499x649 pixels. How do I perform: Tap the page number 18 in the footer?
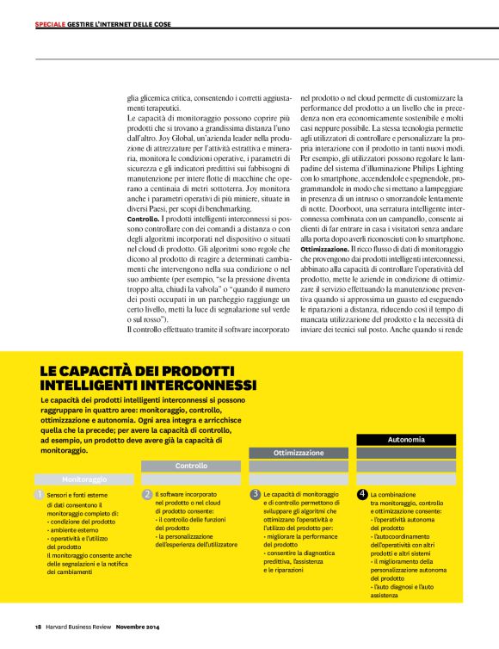[x=38, y=626]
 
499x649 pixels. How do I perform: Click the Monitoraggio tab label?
[x=84, y=478]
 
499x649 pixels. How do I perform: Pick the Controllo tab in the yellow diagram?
[x=191, y=466]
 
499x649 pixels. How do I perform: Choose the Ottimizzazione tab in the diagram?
[x=299, y=453]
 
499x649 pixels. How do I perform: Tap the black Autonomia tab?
[x=406, y=439]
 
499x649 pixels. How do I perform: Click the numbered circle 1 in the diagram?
[x=39, y=495]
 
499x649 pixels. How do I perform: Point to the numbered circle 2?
[x=147, y=495]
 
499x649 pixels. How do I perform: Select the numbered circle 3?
[x=256, y=495]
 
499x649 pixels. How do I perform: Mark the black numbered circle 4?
[x=362, y=495]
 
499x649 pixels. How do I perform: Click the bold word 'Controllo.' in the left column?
[x=142, y=220]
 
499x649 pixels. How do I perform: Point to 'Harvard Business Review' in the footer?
[x=77, y=626]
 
